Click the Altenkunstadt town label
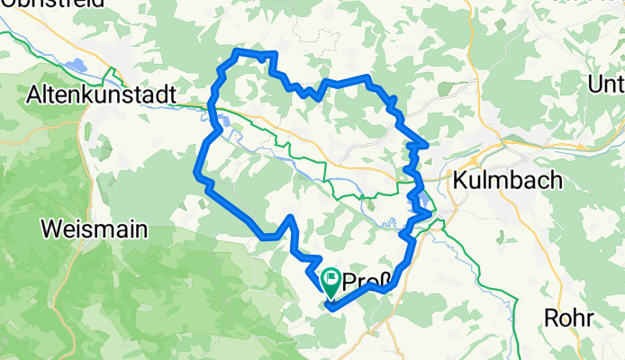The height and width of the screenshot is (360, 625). [105, 93]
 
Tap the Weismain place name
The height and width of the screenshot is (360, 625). [95, 229]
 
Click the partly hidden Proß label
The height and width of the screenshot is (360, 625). [361, 281]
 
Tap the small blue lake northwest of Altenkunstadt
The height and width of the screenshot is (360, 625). [76, 66]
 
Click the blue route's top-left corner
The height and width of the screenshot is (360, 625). [236, 53]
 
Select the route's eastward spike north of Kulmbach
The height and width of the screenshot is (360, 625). [424, 143]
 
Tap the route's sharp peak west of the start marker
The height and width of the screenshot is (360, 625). [290, 218]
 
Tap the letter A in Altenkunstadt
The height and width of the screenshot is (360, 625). [36, 93]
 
